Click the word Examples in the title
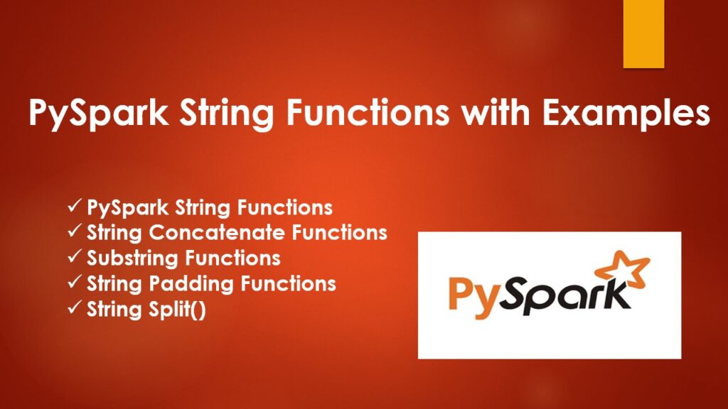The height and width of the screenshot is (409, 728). (626, 113)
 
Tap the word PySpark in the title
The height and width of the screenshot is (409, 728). (98, 114)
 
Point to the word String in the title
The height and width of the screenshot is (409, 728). (227, 114)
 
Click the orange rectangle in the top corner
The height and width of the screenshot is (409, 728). (643, 34)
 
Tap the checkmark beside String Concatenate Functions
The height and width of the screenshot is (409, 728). (75, 231)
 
